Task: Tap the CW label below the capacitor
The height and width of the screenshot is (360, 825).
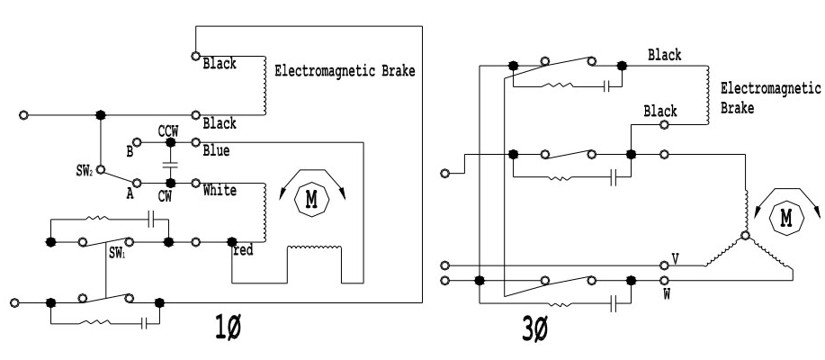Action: (x=166, y=196)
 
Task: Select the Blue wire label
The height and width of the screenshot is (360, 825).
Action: (x=216, y=150)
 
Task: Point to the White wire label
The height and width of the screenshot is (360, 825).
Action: (x=220, y=191)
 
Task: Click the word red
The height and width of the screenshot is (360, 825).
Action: (x=244, y=250)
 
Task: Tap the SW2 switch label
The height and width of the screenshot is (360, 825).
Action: (x=86, y=169)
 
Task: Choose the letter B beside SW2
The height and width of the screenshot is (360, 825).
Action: (x=130, y=152)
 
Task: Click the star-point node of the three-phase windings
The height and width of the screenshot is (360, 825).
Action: (x=745, y=236)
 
